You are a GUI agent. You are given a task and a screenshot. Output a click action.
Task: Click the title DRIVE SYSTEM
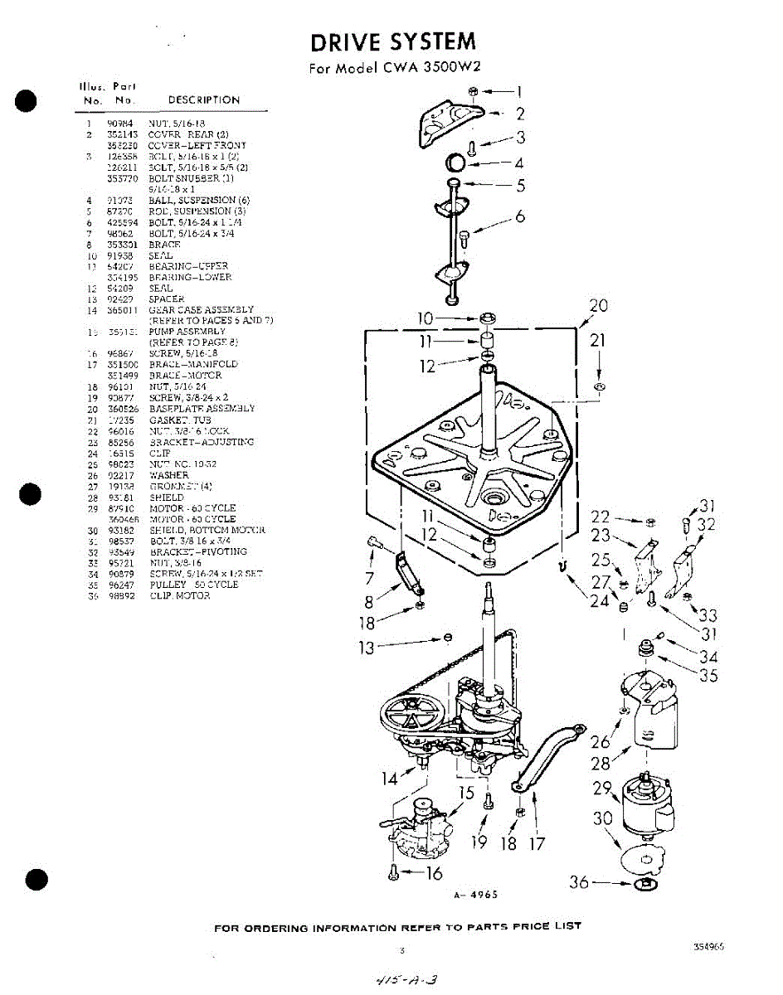click(393, 41)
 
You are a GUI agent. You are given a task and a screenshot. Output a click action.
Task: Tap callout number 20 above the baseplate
click(598, 306)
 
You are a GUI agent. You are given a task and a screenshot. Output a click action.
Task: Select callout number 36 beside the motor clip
click(579, 883)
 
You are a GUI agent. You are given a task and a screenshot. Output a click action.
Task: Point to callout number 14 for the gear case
click(390, 779)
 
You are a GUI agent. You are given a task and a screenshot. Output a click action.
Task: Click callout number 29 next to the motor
click(602, 788)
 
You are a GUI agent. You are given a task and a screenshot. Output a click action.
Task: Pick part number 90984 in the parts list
click(120, 123)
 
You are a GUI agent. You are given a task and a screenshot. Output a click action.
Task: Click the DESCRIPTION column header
click(203, 100)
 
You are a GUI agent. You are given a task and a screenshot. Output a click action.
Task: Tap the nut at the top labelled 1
click(472, 90)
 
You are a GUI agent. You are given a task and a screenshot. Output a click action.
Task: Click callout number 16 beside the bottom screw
click(433, 872)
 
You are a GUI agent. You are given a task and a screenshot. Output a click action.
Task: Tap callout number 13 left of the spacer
click(367, 648)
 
